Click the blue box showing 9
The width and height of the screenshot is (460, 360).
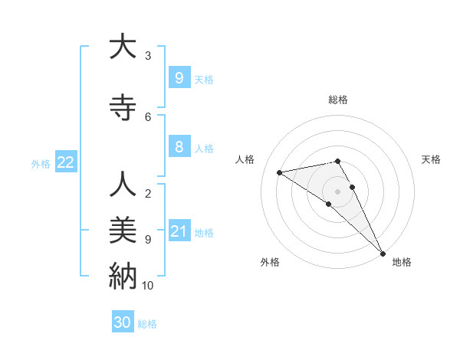tap(179, 77)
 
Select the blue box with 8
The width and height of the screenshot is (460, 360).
tap(179, 147)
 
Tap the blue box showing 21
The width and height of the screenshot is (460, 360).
tap(179, 231)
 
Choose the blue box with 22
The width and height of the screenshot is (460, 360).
tap(65, 162)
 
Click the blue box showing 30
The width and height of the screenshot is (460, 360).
tap(123, 322)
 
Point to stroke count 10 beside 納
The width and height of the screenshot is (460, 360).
tap(148, 286)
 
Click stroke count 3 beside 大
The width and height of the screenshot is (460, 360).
tap(148, 56)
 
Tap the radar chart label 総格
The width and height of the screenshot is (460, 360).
tap(338, 100)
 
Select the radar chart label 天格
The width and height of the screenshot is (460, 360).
tap(432, 159)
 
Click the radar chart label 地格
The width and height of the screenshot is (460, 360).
tap(402, 262)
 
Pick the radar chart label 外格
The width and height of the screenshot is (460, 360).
tap(270, 262)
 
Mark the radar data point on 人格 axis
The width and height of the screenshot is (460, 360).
tap(280, 172)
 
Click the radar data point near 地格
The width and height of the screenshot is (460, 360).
tap(382, 253)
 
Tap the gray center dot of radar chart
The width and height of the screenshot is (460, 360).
tap(338, 191)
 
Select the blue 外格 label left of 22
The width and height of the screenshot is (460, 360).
tap(40, 163)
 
